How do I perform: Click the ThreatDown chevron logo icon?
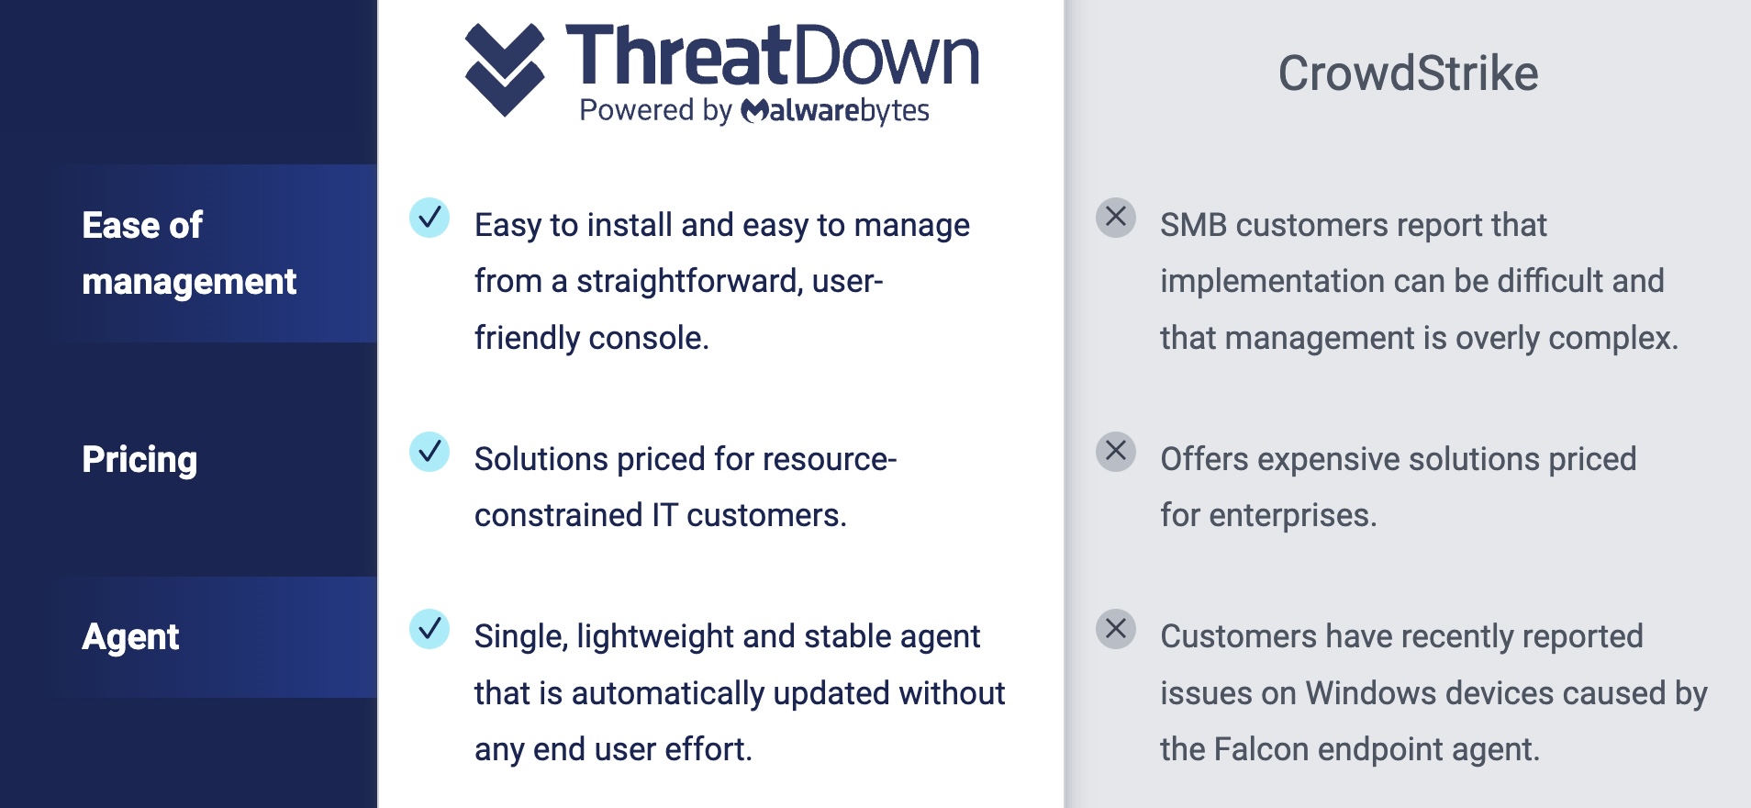click(x=505, y=70)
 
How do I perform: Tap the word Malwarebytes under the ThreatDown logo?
click(x=834, y=111)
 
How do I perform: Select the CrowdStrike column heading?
click(x=1408, y=73)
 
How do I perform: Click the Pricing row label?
click(x=139, y=460)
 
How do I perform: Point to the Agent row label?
click(x=130, y=637)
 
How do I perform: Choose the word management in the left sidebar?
click(x=189, y=282)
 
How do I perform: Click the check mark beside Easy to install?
click(x=429, y=218)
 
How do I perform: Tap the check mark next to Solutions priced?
click(x=429, y=452)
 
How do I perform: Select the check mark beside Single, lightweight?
click(x=429, y=629)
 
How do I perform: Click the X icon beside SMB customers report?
click(x=1116, y=218)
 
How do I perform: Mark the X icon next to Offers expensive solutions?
click(x=1116, y=452)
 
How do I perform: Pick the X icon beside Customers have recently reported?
click(x=1116, y=629)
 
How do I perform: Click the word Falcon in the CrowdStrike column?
click(x=1261, y=749)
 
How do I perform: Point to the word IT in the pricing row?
click(x=664, y=516)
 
